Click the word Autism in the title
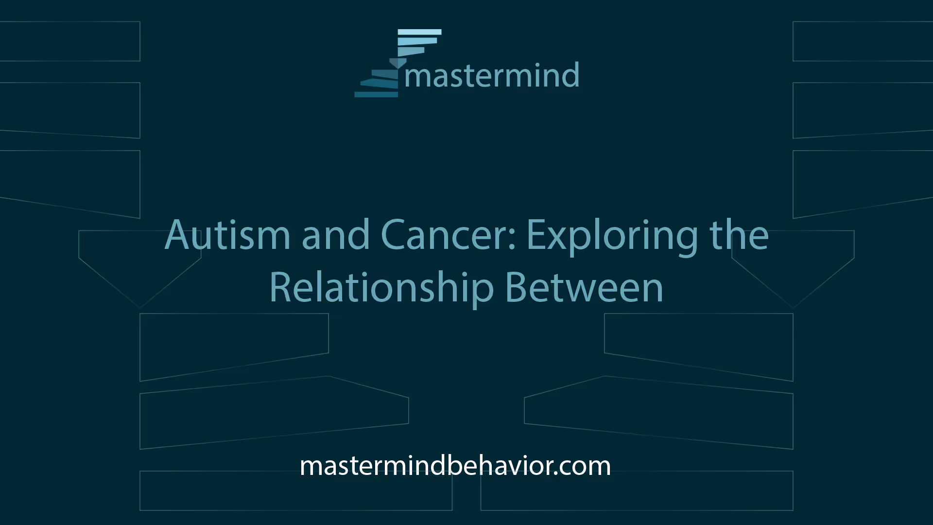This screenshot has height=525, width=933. [227, 235]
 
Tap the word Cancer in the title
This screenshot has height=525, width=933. [443, 235]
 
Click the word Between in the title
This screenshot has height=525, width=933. [584, 288]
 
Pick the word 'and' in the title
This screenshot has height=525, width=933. [336, 235]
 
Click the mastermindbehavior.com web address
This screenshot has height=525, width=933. [455, 466]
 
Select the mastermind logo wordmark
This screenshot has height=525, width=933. [492, 75]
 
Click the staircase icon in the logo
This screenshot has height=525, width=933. [398, 63]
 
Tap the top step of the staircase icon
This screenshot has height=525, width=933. [419, 32]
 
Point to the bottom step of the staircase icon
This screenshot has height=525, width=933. [376, 94]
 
